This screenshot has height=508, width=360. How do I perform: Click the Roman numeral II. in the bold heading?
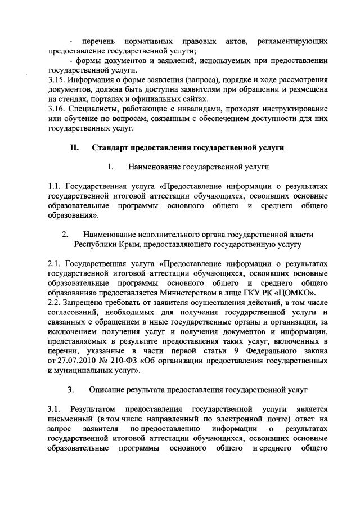coord(75,147)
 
